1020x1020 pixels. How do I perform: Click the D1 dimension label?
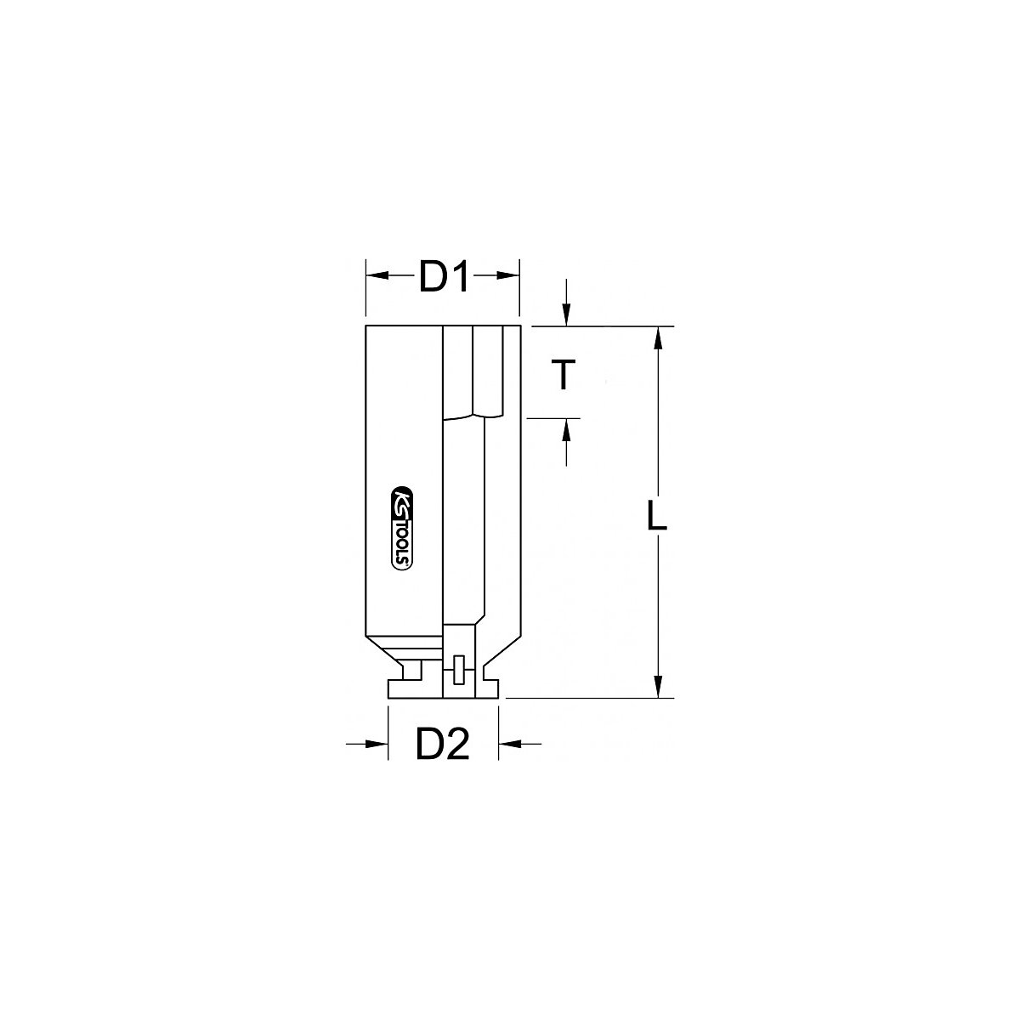[444, 279]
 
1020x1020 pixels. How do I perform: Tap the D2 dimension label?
[442, 745]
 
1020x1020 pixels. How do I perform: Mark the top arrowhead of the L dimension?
[656, 337]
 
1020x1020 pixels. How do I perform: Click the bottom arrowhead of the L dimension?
[656, 687]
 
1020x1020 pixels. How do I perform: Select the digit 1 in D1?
[460, 279]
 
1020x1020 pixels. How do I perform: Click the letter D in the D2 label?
[428, 745]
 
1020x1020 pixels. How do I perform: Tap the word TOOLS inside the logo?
[403, 543]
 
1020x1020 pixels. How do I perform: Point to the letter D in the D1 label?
[432, 279]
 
